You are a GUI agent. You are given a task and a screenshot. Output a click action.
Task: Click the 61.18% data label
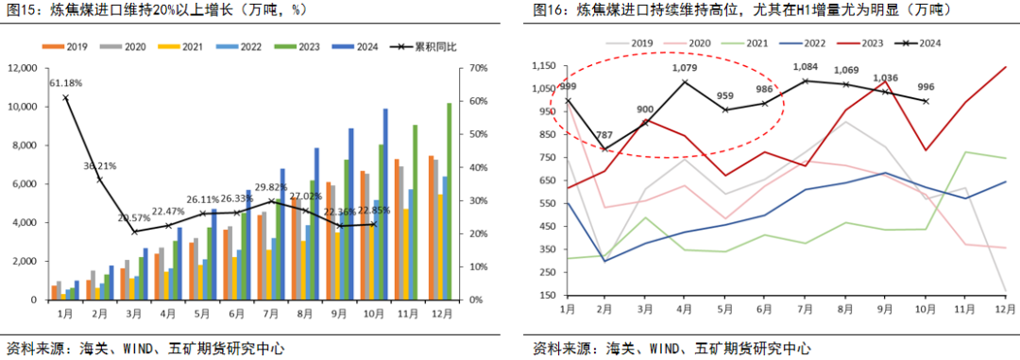pos(65,83)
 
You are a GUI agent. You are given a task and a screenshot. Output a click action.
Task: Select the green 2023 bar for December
pos(450,201)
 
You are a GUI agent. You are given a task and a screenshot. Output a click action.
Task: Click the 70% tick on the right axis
pos(475,68)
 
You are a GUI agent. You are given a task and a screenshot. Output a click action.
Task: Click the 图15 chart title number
pos(21,10)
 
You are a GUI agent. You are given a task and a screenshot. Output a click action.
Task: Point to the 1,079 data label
pos(684,68)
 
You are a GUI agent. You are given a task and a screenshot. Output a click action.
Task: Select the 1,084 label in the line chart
pos(807,67)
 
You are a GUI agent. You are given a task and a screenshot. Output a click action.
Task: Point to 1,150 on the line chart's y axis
pos(544,66)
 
